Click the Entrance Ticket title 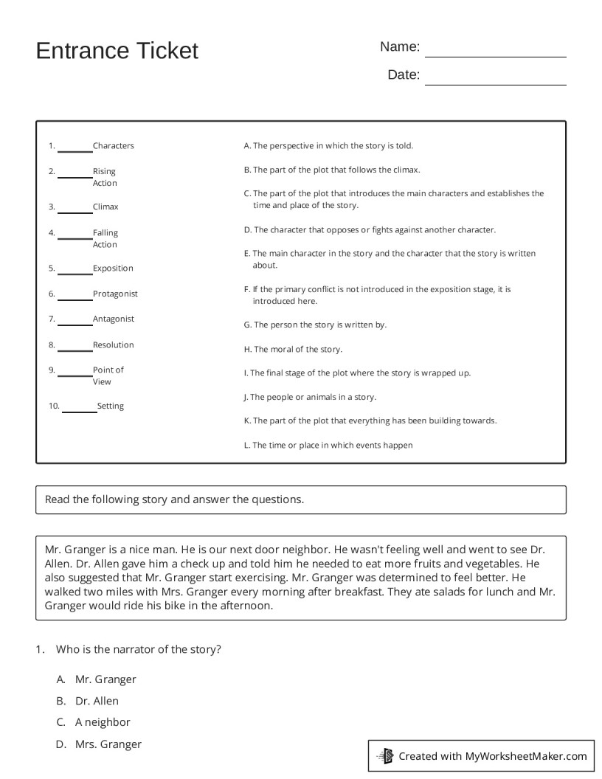117,51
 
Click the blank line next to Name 495,50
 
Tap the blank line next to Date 495,78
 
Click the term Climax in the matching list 105,207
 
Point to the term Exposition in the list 113,269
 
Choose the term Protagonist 115,294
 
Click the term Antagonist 114,319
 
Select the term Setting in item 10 111,406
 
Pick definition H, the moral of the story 293,350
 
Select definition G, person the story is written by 315,325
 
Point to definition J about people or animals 310,397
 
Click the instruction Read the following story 174,499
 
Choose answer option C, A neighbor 102,722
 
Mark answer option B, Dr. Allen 96,701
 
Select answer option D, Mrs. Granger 108,744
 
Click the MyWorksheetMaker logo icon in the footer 385,755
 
